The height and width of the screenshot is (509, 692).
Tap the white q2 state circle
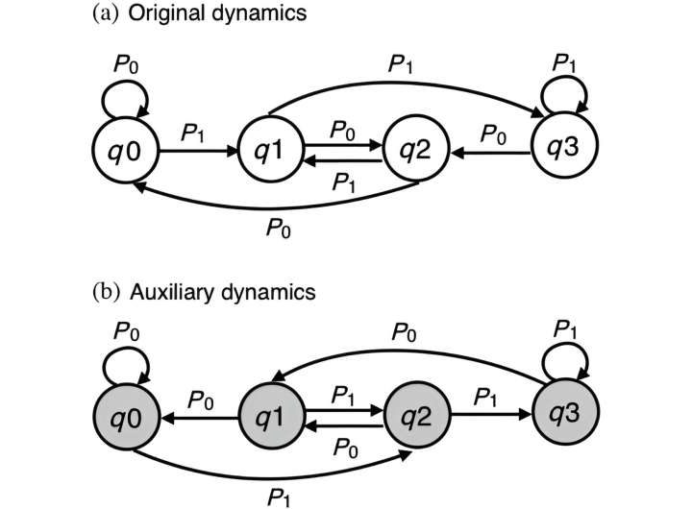(x=414, y=151)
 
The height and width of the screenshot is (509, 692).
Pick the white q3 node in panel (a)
(x=564, y=151)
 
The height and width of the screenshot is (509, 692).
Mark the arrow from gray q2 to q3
(x=490, y=419)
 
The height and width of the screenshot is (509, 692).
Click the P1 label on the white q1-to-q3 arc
(x=401, y=66)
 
